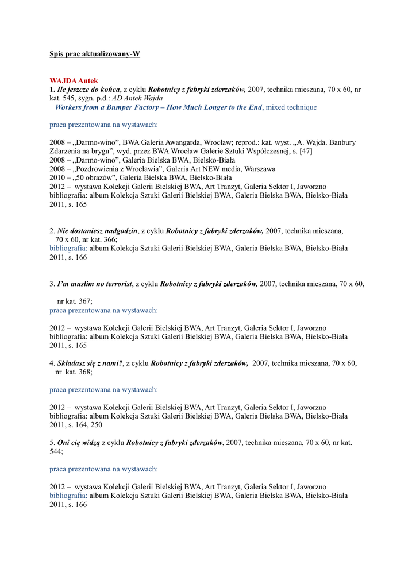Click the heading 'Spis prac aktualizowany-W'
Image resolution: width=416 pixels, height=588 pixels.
click(x=95, y=54)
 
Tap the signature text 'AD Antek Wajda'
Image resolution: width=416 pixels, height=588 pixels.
click(x=137, y=98)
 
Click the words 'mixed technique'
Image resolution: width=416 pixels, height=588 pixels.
click(x=291, y=107)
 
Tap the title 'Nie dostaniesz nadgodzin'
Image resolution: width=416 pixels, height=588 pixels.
click(x=98, y=231)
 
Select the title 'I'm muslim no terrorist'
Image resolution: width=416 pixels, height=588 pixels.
click(x=95, y=284)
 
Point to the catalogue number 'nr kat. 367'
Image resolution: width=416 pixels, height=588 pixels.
click(x=74, y=301)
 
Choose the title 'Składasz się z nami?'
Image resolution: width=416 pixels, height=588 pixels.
click(x=90, y=363)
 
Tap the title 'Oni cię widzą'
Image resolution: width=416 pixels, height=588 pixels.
click(x=79, y=443)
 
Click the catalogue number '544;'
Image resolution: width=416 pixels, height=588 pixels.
click(x=56, y=451)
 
